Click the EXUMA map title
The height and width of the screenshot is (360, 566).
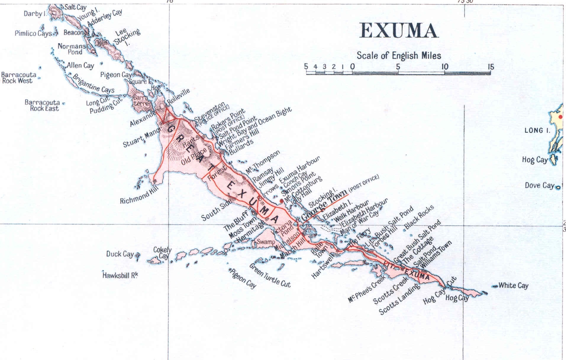[x=399, y=31]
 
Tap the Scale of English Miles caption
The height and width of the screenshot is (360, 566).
[x=399, y=56]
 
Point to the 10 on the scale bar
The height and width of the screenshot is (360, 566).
[x=444, y=67]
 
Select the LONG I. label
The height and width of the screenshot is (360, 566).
[x=537, y=130]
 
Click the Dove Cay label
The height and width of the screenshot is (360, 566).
[x=539, y=185]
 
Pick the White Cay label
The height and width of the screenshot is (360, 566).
[x=513, y=285]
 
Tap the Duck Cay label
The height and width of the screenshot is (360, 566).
[x=120, y=254]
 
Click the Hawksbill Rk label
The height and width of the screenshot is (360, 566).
[x=120, y=275]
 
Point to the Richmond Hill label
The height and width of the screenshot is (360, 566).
[x=139, y=195]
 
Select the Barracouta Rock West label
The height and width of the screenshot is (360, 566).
[x=19, y=78]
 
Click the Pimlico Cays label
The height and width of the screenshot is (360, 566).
[x=33, y=33]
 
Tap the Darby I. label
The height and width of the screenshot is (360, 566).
[x=35, y=14]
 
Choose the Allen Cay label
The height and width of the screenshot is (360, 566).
[x=80, y=65]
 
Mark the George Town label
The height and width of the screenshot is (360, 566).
[x=324, y=205]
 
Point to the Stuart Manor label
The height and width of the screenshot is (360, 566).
[x=141, y=138]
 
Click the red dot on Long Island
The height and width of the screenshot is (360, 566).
[x=560, y=117]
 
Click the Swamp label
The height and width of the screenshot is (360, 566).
[x=265, y=242]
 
